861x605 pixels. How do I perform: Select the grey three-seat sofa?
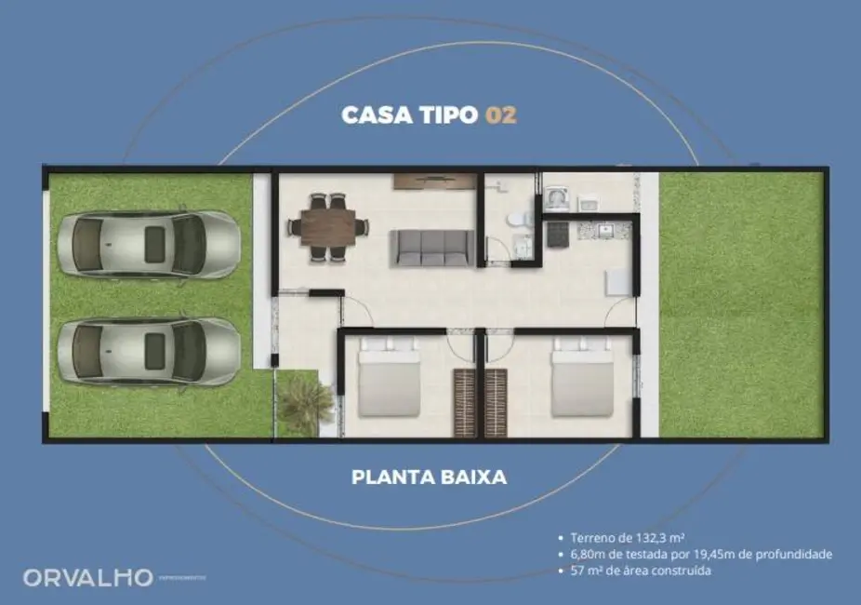pos(430,247)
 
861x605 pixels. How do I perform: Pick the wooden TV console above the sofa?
pos(423,181)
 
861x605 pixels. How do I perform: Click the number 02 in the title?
pos(500,115)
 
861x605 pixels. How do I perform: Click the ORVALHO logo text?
pos(87,578)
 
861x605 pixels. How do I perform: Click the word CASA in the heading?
pos(372,115)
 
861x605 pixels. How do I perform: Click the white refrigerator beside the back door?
pos(618,282)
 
